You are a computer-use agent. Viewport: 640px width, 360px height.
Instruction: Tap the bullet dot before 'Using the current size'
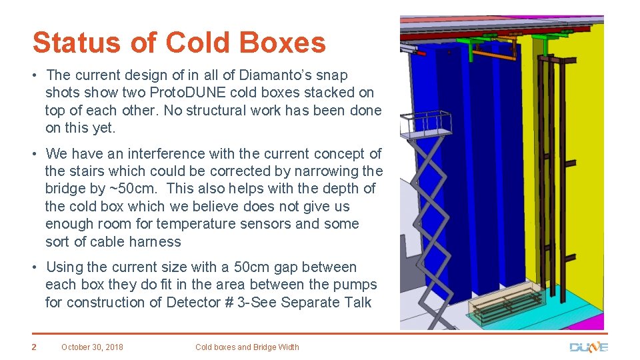[x=36, y=267]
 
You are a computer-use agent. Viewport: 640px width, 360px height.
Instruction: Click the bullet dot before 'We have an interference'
[x=36, y=154]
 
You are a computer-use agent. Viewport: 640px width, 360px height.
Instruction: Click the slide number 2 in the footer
[x=33, y=347]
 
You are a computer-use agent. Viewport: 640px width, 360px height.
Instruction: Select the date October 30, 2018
[x=92, y=347]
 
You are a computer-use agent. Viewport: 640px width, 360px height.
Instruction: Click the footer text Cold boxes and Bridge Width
[x=247, y=347]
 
